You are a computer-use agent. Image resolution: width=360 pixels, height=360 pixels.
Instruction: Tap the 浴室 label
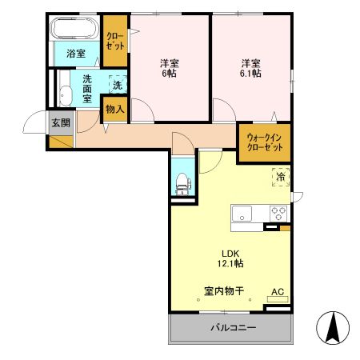(75, 54)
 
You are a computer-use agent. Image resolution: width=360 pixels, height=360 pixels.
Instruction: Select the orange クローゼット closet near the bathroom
(114, 42)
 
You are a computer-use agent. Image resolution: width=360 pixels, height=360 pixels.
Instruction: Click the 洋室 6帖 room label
(169, 68)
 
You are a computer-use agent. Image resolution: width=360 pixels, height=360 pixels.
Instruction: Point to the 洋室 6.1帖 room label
(252, 68)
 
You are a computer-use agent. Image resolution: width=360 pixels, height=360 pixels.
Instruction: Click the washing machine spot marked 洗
(117, 85)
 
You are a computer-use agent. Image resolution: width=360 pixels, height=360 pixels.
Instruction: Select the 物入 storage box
(114, 109)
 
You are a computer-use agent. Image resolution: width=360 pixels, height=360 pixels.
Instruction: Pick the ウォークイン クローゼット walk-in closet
(264, 143)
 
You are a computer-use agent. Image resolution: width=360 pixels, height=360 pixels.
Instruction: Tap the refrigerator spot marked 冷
(280, 177)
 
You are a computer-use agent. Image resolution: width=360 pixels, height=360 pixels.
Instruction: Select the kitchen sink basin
(242, 214)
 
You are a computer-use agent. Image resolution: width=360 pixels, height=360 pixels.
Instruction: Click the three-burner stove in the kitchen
(278, 214)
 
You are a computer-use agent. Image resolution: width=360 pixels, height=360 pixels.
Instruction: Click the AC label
(278, 292)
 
